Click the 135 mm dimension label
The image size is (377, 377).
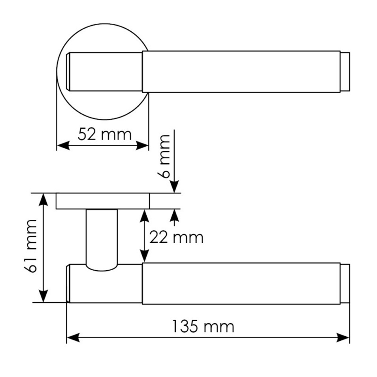click(203, 326)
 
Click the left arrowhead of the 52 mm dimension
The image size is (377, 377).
click(63, 146)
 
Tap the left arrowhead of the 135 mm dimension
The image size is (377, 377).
click(73, 337)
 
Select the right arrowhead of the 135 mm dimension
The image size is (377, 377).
click(343, 337)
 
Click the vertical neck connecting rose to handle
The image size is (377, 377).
click(101, 238)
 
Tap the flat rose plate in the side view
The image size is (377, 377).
click(103, 201)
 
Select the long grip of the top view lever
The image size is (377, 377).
click(241, 72)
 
